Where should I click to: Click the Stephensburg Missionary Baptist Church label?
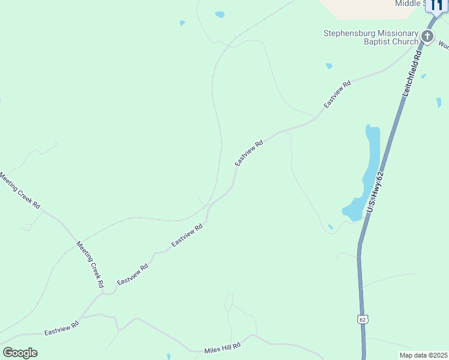coord(370,37)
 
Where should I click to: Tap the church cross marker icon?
coord(427,36)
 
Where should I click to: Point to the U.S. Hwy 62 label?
coord(375,191)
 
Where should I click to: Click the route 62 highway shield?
coord(362,319)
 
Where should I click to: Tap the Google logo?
coord(20,353)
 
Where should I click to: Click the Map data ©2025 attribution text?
coord(423,355)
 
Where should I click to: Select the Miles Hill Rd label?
coord(222,347)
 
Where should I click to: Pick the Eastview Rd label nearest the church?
coord(337,94)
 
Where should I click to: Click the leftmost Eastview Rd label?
coord(62,328)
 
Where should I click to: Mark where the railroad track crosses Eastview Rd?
coord(209,206)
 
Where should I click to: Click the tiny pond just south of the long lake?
coord(331,227)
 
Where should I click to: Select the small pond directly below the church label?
coord(328,65)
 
